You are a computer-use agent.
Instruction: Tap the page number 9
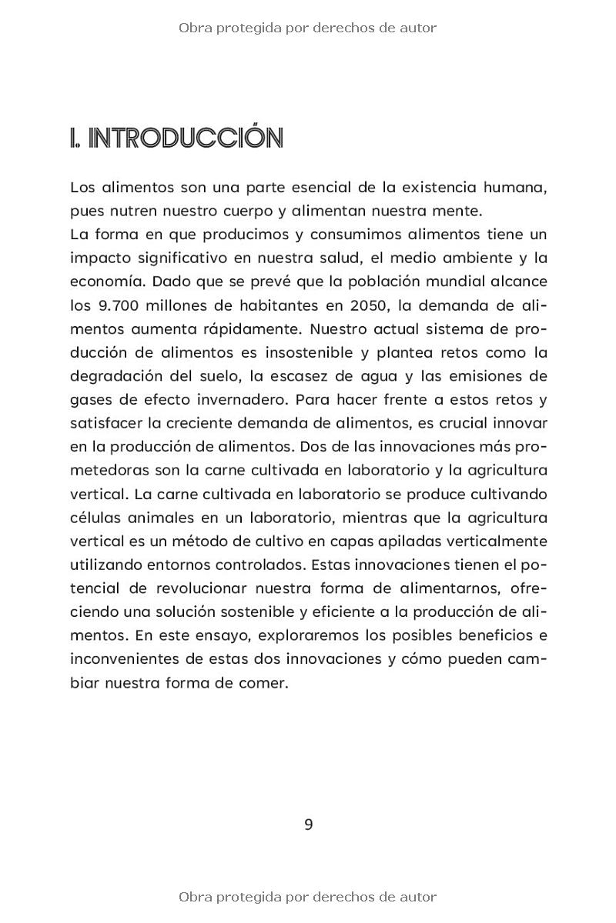(x=309, y=825)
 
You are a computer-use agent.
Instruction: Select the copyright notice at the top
(x=308, y=28)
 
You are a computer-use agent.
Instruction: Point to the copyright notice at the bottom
(x=308, y=897)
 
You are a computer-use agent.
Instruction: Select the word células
(x=94, y=517)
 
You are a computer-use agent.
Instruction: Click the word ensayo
(x=223, y=635)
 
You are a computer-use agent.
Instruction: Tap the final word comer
(x=266, y=682)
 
